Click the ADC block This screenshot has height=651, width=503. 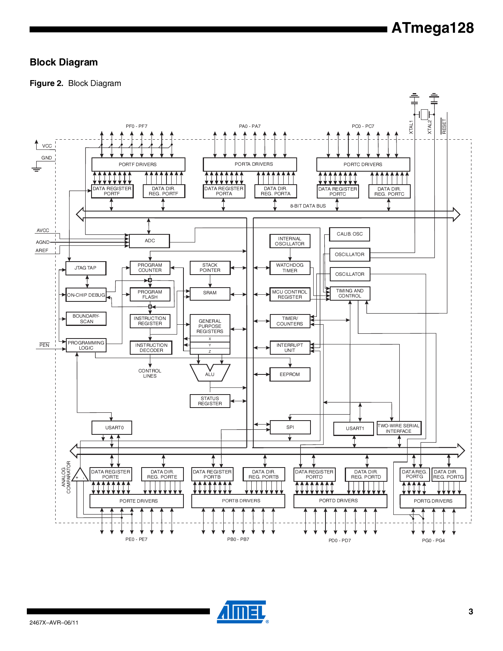click(150, 241)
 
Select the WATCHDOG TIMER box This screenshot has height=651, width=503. click(290, 268)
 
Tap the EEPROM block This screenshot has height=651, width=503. click(290, 374)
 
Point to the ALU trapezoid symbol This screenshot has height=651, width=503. click(210, 373)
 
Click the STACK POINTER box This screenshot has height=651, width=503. click(210, 268)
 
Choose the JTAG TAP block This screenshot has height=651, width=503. click(86, 268)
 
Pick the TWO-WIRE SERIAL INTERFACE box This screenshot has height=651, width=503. click(398, 428)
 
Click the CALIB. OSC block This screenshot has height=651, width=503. click(350, 234)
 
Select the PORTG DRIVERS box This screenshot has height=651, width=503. click(433, 501)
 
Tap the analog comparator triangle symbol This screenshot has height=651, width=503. click(80, 475)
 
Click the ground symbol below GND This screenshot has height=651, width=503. click(36, 169)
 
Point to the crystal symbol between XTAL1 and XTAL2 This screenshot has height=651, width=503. click(424, 114)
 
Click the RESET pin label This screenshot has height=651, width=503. click(444, 126)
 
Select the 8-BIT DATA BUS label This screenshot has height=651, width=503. click(308, 206)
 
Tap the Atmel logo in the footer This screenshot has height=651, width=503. click(242, 612)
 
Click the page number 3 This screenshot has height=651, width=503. click(471, 612)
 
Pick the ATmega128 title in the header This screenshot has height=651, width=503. click(432, 28)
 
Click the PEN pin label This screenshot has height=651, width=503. click(44, 345)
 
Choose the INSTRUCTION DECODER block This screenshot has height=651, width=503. click(151, 348)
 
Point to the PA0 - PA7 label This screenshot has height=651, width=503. click(250, 126)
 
